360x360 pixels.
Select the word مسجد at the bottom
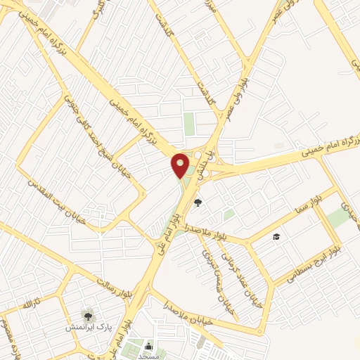click(x=149, y=356)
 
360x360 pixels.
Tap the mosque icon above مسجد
click(x=149, y=345)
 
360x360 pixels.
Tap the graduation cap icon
click(x=277, y=236)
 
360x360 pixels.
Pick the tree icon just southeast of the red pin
click(x=198, y=202)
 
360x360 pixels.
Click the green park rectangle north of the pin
click(x=189, y=123)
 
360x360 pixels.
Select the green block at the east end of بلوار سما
click(x=339, y=217)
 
